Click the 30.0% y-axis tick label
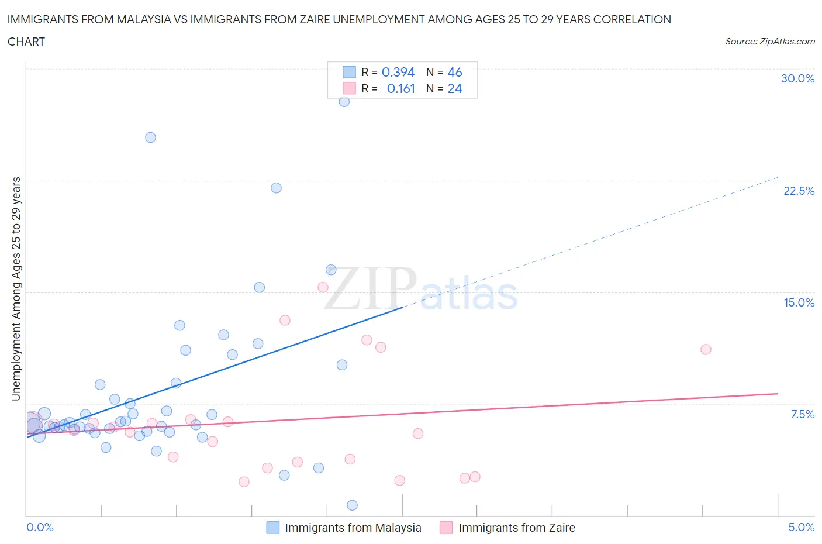tap(797, 78)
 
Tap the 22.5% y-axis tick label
tap(799, 191)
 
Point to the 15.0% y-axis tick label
tap(799, 302)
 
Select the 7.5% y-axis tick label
tap(802, 414)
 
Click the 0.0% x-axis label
tap(40, 527)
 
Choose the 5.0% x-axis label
tap(801, 527)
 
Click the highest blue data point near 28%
tap(344, 101)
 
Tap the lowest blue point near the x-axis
tap(352, 505)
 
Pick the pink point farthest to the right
tap(706, 349)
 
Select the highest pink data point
tap(323, 287)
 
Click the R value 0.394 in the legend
tap(398, 72)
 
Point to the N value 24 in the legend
tap(454, 88)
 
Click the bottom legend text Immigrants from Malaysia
tap(353, 528)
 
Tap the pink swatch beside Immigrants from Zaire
tap(446, 528)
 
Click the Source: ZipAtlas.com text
tap(769, 42)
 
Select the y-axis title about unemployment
tap(16, 288)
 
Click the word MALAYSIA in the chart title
tap(143, 19)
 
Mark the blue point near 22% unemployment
tap(276, 188)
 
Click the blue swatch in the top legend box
tap(349, 72)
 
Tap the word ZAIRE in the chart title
tap(312, 19)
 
